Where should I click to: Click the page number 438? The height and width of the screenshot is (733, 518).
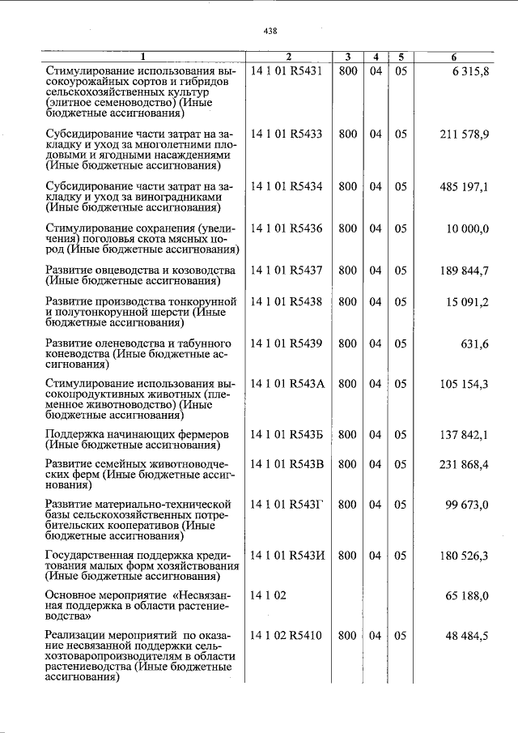(x=270, y=31)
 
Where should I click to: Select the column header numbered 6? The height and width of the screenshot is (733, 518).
(x=454, y=58)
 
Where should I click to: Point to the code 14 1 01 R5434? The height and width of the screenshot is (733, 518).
(x=287, y=186)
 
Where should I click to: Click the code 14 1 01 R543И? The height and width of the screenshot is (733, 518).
(x=287, y=556)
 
